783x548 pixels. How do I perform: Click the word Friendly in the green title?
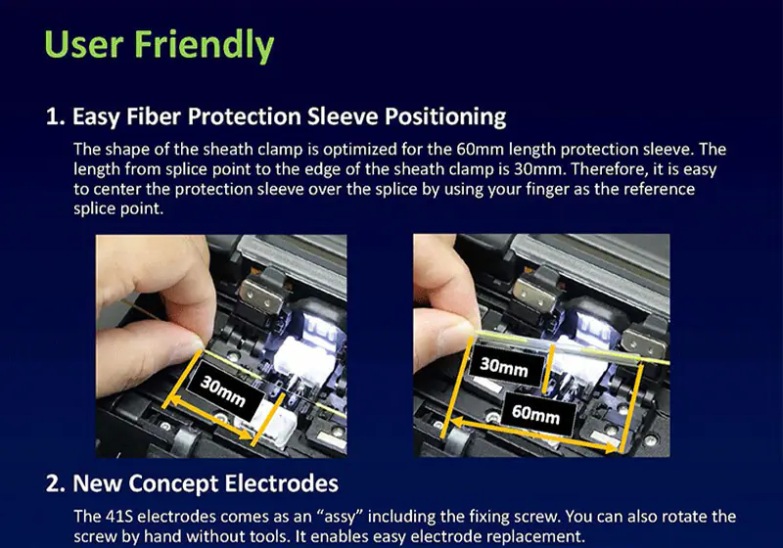(x=204, y=44)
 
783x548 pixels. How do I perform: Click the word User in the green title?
(x=84, y=44)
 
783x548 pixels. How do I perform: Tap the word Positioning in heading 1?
(x=445, y=116)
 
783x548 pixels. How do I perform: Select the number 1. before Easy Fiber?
(x=55, y=116)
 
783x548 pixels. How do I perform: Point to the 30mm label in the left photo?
(x=223, y=390)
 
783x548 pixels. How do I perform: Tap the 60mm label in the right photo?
(x=535, y=414)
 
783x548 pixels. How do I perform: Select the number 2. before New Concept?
(x=56, y=483)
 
